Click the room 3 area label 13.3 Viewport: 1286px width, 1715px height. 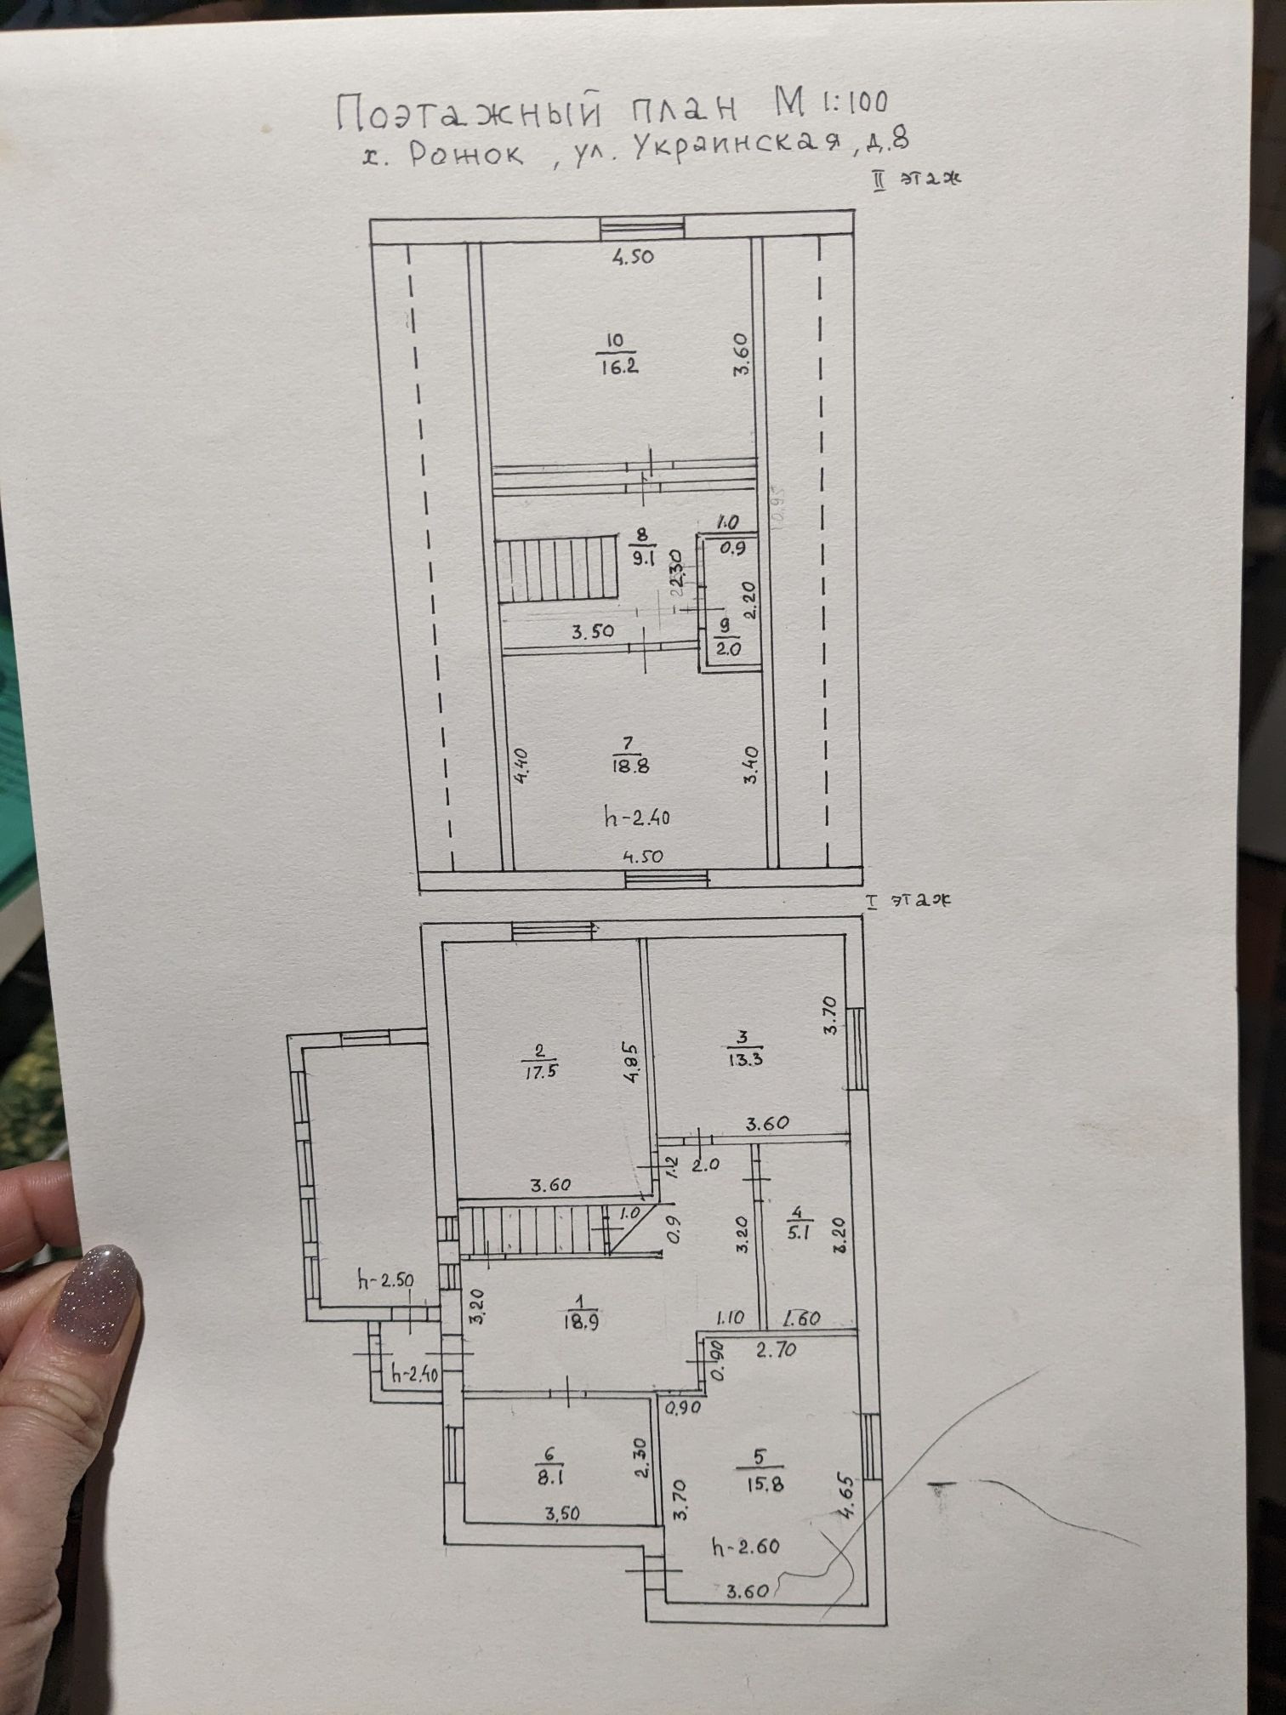pyautogui.click(x=743, y=1060)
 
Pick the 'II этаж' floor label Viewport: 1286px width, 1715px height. pyautogui.click(x=914, y=179)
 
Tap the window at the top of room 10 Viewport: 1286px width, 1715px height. pyautogui.click(x=641, y=227)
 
